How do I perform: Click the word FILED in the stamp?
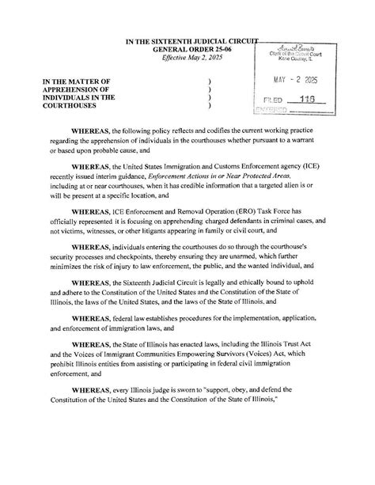(274, 101)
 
